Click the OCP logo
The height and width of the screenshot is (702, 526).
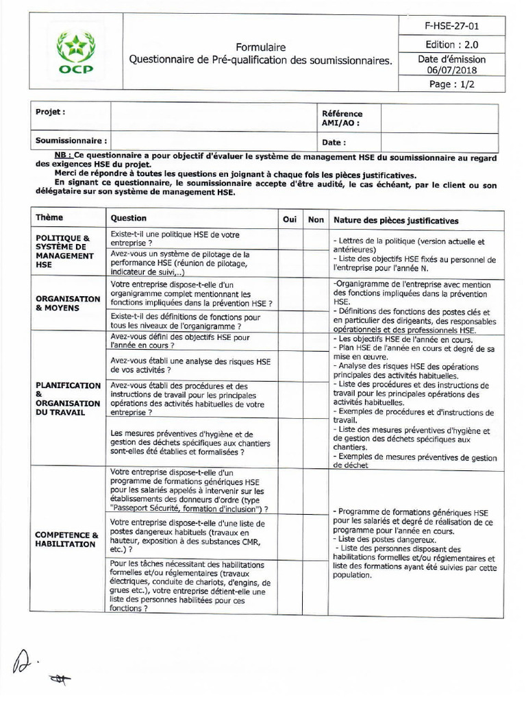pos(76,53)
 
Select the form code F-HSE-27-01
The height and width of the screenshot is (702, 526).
pos(451,27)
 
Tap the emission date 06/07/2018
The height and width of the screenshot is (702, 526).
pos(451,70)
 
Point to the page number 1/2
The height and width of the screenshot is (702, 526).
pos(451,85)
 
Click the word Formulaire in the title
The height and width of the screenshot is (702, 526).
pos(261,47)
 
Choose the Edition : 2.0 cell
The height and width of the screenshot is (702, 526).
pos(451,44)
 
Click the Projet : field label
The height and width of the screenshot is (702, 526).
pos(50,111)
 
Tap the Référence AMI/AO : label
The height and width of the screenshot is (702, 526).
pos(342,119)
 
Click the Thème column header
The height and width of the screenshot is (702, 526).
pos(49,218)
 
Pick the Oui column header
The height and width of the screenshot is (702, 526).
pos(290,219)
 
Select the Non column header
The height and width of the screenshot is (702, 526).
pos(316,219)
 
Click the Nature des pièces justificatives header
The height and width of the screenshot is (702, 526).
pos(396,220)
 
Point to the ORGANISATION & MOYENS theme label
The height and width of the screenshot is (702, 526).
pos(67,304)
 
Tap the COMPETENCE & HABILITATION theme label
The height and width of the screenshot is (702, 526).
pos(66,539)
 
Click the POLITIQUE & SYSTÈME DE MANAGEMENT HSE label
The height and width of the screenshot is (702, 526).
pos(64,250)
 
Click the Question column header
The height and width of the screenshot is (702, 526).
pos(129,218)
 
